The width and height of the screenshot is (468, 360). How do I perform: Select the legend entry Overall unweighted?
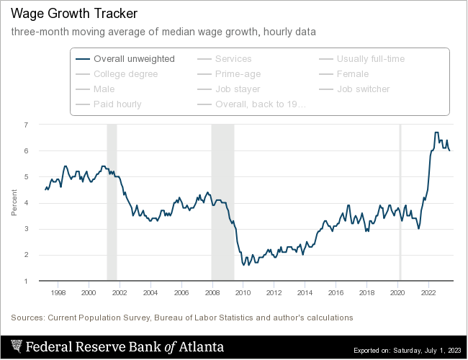134,59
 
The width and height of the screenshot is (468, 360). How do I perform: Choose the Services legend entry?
233,59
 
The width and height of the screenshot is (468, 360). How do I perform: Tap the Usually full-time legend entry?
371,59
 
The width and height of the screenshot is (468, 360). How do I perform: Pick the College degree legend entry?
125,74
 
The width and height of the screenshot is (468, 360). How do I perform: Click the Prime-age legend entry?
238,74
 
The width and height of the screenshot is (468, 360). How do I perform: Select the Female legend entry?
353,74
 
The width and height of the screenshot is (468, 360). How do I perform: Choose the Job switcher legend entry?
363,89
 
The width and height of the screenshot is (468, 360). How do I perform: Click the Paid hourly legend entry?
117,104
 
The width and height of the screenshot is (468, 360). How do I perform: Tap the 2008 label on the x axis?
212,293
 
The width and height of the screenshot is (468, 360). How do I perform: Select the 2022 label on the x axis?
428,293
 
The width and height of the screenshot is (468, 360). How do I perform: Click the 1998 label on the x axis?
58,293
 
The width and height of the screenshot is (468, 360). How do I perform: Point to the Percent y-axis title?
14,203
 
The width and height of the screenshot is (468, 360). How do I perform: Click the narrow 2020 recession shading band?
400,202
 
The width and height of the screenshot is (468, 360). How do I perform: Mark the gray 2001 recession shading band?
112,202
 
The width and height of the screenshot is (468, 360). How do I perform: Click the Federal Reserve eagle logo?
15,347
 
